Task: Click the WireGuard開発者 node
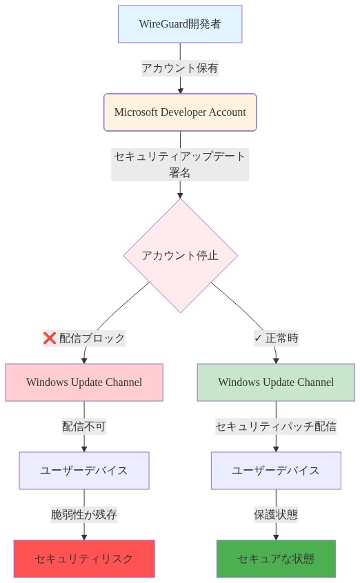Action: click(x=180, y=24)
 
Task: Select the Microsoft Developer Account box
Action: click(x=180, y=112)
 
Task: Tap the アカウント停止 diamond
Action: click(x=180, y=256)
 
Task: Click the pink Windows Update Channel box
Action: click(x=84, y=382)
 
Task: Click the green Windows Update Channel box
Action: click(x=276, y=382)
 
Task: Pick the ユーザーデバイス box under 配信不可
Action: click(x=84, y=471)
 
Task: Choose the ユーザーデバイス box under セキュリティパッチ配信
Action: click(x=276, y=471)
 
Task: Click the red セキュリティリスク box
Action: click(x=84, y=559)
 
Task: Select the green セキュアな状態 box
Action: click(x=276, y=559)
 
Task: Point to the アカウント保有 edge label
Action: click(x=180, y=68)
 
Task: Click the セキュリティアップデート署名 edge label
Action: click(x=180, y=165)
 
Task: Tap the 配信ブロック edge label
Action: click(x=92, y=338)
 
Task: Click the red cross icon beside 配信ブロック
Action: click(x=50, y=338)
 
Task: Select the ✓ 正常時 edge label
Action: click(x=276, y=338)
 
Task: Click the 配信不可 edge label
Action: click(x=84, y=427)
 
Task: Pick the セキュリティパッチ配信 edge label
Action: click(x=276, y=427)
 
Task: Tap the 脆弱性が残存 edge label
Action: click(x=84, y=515)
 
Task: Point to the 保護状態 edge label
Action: click(x=276, y=515)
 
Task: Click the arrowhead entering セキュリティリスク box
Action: click(x=84, y=536)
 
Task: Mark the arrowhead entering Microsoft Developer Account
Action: click(x=180, y=90)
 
